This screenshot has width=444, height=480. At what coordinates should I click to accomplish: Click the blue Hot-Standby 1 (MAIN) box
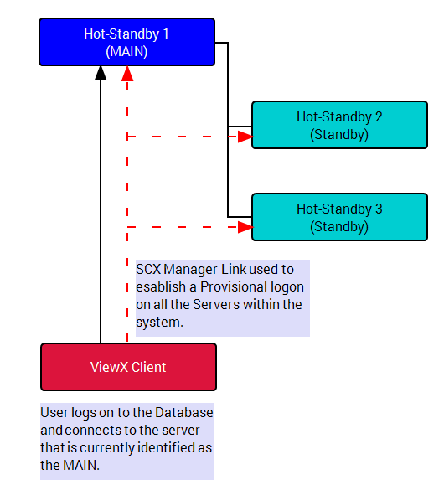coord(126,42)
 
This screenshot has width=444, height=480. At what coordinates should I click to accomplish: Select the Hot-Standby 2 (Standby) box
coord(339,125)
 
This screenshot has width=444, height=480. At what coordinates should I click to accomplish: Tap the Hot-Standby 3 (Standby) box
coord(339,217)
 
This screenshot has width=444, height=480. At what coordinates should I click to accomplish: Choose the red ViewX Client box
coord(129,367)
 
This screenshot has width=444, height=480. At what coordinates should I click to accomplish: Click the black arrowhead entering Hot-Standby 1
coord(101,73)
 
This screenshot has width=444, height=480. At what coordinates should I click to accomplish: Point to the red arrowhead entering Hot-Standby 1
coord(127,74)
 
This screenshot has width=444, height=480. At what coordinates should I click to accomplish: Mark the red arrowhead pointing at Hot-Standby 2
coord(245,137)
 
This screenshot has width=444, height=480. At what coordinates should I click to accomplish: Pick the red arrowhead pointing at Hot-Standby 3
coord(245,227)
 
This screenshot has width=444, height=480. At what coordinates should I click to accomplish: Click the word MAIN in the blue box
coord(126,51)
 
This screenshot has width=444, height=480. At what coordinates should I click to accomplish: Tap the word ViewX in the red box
coord(109,367)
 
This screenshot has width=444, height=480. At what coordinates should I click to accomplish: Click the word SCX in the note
coord(148,270)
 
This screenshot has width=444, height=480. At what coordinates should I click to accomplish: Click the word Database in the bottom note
coord(184,413)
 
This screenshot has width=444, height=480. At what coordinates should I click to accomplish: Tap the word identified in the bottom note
coord(166,448)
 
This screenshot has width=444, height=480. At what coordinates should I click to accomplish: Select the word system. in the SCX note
coord(159,323)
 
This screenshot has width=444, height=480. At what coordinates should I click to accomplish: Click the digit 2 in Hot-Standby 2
coord(379,117)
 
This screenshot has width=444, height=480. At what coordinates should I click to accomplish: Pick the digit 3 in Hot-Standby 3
coord(379,209)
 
